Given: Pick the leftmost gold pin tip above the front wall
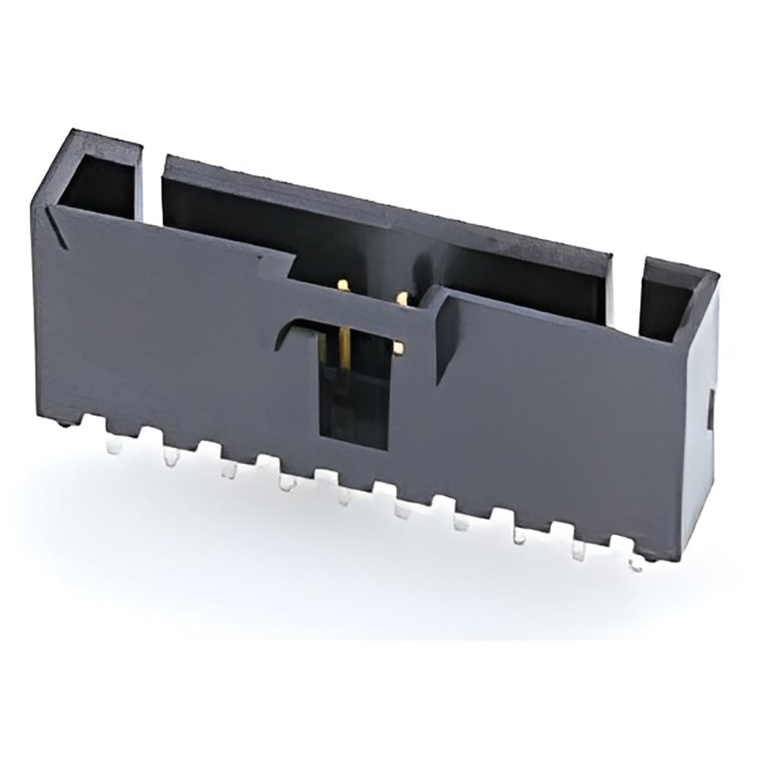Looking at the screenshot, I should pyautogui.click(x=343, y=285).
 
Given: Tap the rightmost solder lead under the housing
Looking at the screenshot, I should pyautogui.click(x=635, y=564).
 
